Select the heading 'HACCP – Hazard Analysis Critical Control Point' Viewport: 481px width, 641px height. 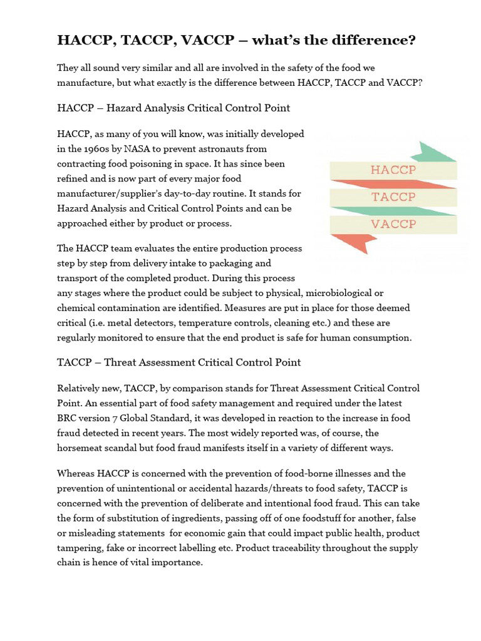[173, 108]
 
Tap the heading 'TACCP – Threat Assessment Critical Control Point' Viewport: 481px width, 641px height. [178, 362]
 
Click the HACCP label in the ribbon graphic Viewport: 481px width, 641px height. [393, 170]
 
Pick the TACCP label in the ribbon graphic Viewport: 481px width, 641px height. [393, 197]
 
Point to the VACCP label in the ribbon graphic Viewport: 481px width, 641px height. [393, 223]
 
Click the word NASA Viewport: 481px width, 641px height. [140, 148]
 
